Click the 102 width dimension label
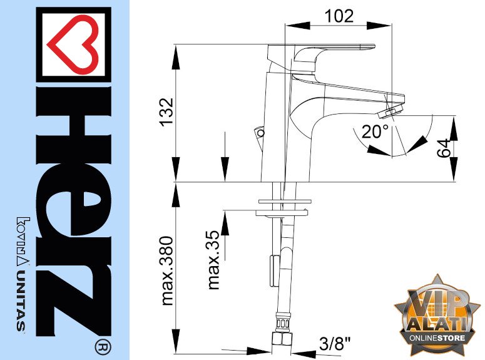click(339, 16)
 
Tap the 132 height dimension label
click(166, 111)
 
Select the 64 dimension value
click(444, 148)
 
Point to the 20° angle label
click(375, 131)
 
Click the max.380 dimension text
click(167, 271)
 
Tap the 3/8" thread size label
click(335, 343)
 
